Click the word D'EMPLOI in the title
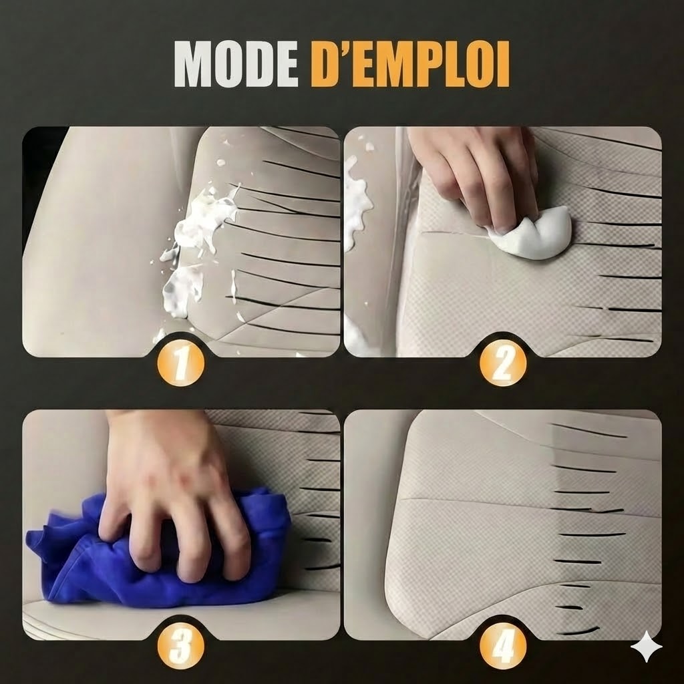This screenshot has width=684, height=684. pos(410,65)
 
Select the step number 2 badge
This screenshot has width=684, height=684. pos(503,364)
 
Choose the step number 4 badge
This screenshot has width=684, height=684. pos(503,646)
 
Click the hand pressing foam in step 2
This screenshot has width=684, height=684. pos(481,174)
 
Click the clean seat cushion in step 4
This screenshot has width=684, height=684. pos(481,548)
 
